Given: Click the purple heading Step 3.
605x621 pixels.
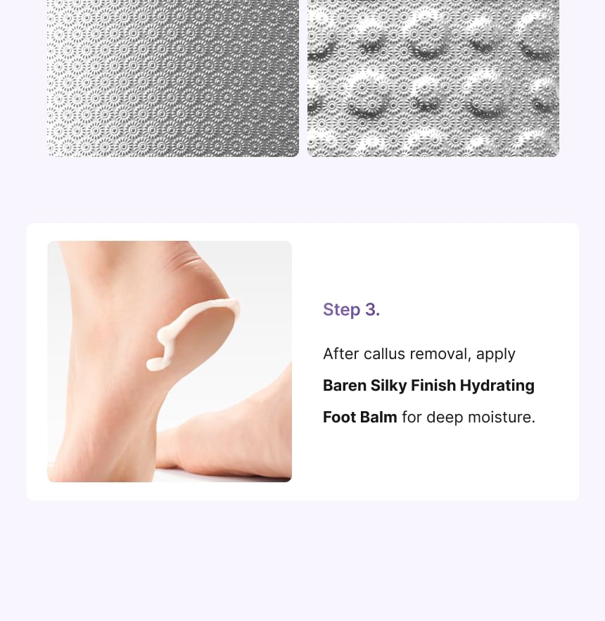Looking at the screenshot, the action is [351, 310].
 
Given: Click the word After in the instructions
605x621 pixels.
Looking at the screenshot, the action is [340, 353].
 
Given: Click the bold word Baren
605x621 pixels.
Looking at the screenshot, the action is [345, 385].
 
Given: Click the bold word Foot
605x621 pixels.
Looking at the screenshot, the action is [338, 417].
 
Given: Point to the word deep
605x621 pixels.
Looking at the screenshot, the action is [444, 418].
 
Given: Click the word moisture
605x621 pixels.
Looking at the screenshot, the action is [501, 417].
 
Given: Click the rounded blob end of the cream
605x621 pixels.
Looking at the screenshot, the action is [154, 364].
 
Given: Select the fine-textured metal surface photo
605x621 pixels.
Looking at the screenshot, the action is [173, 78].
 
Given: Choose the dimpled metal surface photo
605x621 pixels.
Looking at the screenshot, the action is [433, 78].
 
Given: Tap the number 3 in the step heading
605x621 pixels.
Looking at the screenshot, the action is [372, 310].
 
